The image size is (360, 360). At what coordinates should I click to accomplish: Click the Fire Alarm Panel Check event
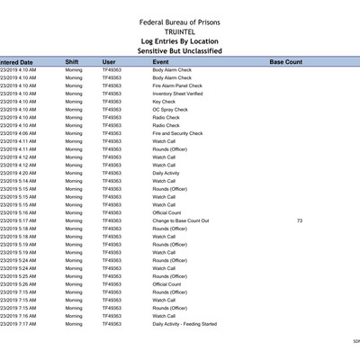pyautogui.click(x=176, y=85)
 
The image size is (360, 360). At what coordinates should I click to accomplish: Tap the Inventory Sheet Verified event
pyautogui.click(x=177, y=94)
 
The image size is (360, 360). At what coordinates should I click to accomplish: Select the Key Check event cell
pyautogui.click(x=164, y=102)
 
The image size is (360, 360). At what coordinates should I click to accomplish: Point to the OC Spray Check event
pyautogui.click(x=171, y=110)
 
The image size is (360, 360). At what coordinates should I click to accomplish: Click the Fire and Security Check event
pyautogui.click(x=177, y=133)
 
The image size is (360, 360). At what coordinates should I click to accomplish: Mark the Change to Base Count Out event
pyautogui.click(x=181, y=220)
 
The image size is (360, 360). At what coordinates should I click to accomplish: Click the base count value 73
pyautogui.click(x=299, y=220)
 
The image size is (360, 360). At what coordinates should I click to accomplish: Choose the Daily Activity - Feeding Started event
pyautogui.click(x=184, y=324)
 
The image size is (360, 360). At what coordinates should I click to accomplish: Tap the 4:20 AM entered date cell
pyautogui.click(x=19, y=173)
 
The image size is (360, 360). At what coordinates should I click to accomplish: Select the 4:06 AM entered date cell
pyautogui.click(x=19, y=133)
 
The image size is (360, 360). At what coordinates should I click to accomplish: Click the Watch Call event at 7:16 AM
pyautogui.click(x=164, y=316)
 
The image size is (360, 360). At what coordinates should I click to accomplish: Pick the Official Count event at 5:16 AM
pyautogui.click(x=167, y=212)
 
